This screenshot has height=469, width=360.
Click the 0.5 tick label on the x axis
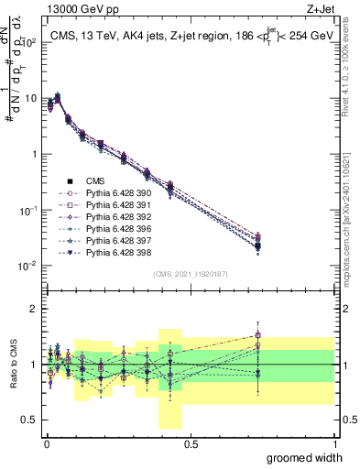coord(191,443)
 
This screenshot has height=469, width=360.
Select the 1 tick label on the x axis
coord(334,443)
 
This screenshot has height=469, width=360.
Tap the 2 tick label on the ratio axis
coord(33,309)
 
